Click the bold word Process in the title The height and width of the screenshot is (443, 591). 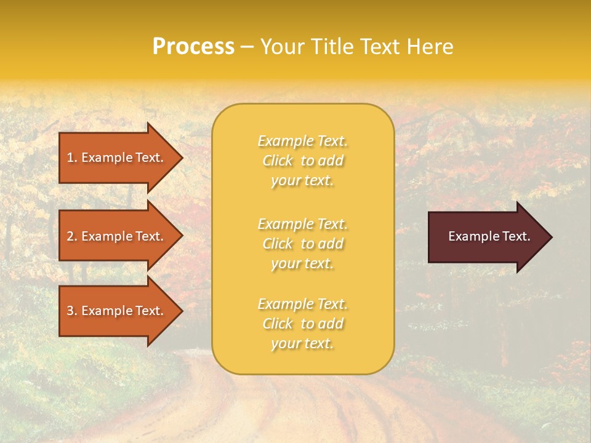(193, 47)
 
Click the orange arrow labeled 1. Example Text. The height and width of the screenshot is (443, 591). (117, 158)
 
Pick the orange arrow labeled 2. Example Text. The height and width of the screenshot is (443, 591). (117, 236)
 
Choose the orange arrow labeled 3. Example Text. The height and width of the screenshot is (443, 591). (117, 311)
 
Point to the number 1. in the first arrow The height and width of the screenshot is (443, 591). (72, 158)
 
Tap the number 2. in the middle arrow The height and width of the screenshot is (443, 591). (72, 236)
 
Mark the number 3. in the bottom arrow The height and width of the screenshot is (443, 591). (72, 311)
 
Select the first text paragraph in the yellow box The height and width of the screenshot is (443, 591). (302, 161)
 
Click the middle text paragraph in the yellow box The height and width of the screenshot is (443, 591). (302, 244)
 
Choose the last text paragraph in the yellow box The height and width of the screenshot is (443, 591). (302, 324)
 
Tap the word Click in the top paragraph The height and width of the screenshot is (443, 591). (278, 161)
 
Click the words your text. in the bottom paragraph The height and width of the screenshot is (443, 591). (302, 343)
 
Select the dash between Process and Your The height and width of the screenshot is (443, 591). (247, 47)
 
